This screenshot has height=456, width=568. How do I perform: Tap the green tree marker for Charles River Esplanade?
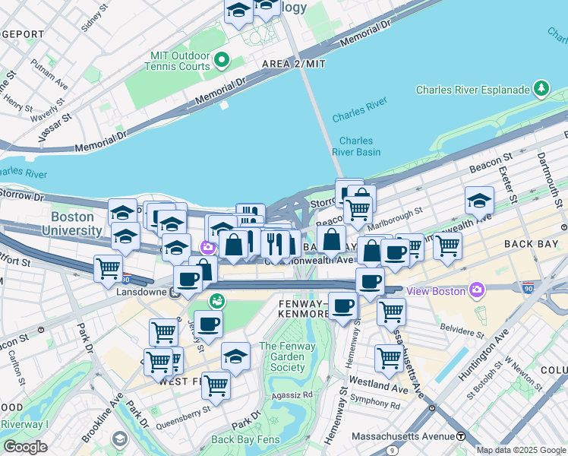pyautogui.click(x=541, y=89)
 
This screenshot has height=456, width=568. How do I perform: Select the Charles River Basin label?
pyautogui.click(x=355, y=146)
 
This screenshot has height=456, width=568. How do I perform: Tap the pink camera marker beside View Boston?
pyautogui.click(x=476, y=290)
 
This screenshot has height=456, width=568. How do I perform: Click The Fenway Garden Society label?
pyautogui.click(x=282, y=357)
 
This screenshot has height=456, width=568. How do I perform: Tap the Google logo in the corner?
pyautogui.click(x=25, y=447)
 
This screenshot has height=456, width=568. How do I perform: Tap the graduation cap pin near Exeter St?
pyautogui.click(x=479, y=201)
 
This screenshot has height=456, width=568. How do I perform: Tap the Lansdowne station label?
pyautogui.click(x=142, y=292)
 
